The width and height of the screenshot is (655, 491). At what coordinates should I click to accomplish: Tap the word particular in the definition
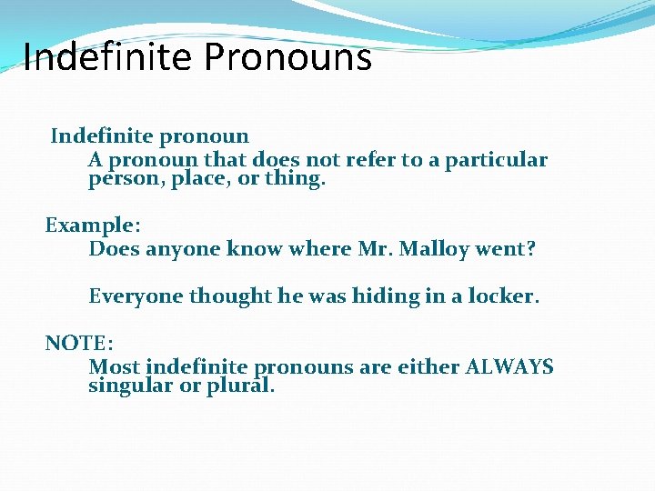[499, 160]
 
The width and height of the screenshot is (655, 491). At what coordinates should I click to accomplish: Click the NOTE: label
[79, 343]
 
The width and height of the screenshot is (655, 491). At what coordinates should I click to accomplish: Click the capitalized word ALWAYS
[509, 367]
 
